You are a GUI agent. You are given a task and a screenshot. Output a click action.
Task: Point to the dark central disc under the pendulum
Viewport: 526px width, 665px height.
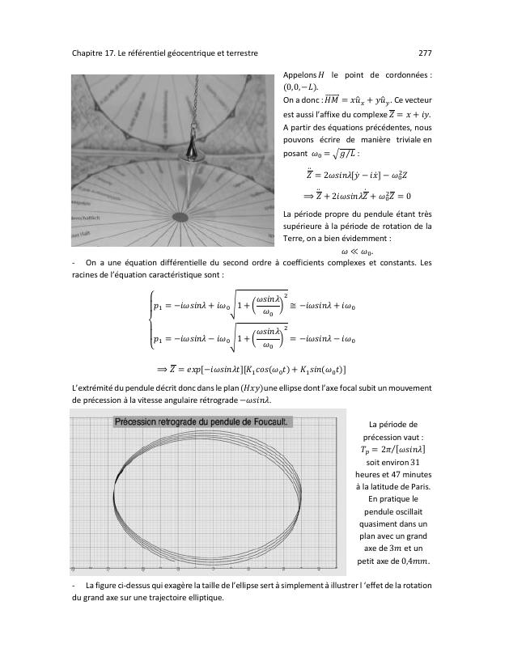point(181,217)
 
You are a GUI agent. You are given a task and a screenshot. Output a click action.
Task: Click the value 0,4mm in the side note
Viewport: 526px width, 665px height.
point(414,561)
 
